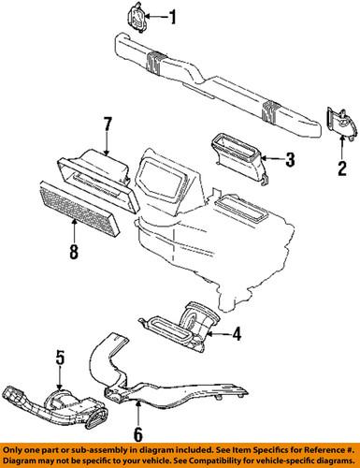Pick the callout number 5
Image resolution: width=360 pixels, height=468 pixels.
[x=60, y=357]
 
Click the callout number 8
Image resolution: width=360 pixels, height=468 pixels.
[x=74, y=251]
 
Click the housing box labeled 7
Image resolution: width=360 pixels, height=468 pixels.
[x=94, y=173]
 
